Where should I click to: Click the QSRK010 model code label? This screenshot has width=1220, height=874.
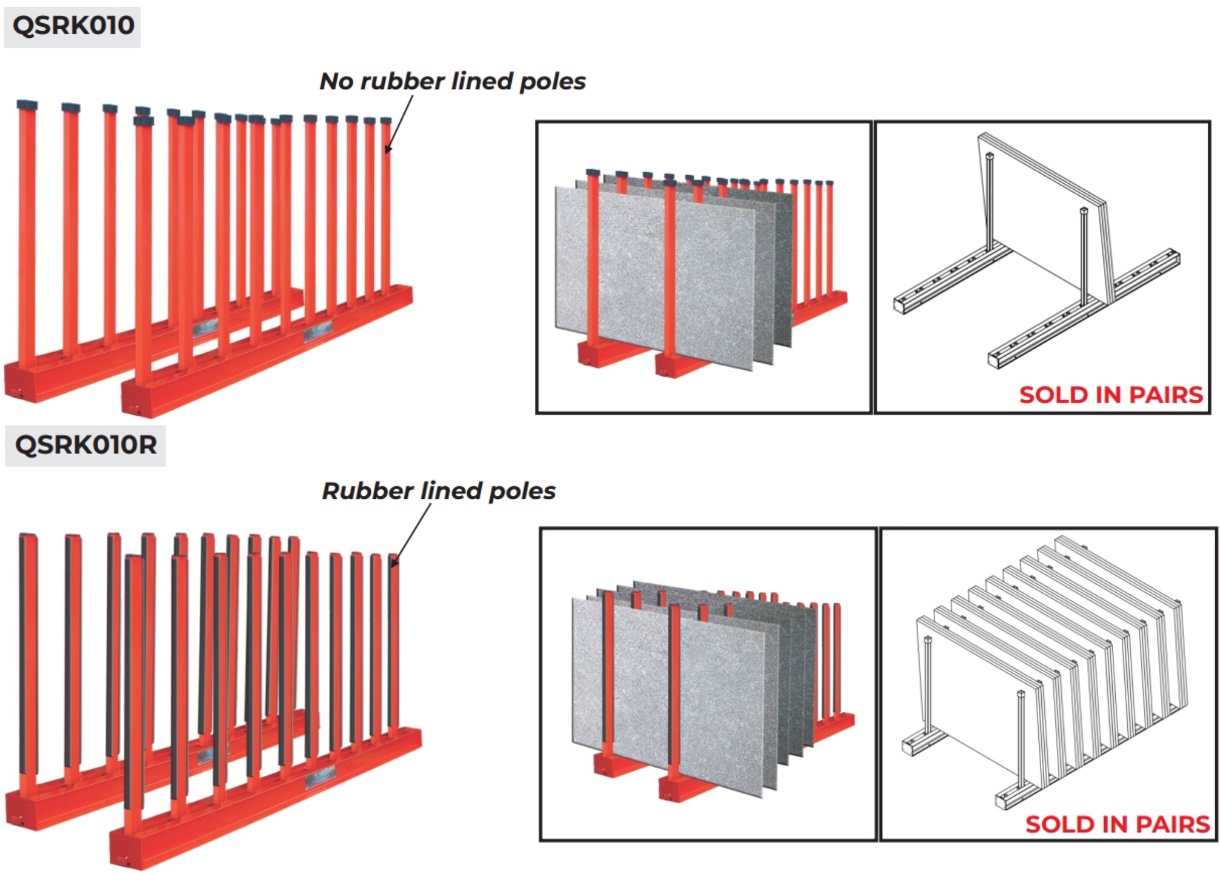click(x=73, y=26)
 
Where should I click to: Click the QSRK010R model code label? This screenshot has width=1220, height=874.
click(x=85, y=445)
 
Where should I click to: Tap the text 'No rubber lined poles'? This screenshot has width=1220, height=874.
click(x=452, y=81)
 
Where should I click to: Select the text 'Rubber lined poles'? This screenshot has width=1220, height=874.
click(x=439, y=491)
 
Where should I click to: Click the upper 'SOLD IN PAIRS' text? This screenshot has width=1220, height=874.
click(x=1111, y=395)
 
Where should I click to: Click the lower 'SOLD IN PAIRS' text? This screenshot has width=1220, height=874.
click(x=1117, y=825)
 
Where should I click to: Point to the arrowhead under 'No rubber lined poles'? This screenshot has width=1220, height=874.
click(x=388, y=148)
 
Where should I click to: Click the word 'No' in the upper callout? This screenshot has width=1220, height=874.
click(x=336, y=81)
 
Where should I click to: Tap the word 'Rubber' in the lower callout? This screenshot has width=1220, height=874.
click(x=368, y=491)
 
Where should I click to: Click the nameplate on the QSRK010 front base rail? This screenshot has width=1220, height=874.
click(x=318, y=333)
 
